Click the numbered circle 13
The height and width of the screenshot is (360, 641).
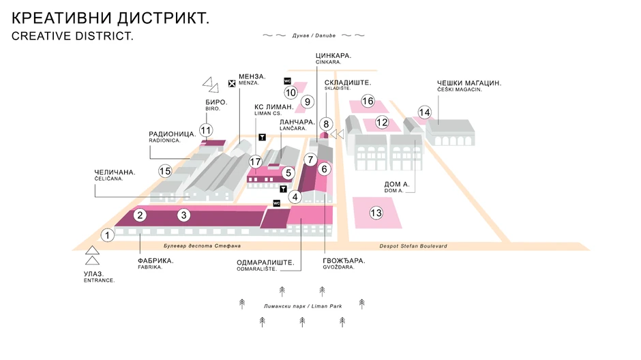pos(376,213)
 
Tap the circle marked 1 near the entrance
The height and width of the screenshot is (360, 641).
pos(107,235)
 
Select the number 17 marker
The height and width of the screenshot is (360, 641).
pos(256,162)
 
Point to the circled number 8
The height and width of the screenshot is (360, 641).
pos(326,124)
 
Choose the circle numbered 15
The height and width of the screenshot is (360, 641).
pos(164,170)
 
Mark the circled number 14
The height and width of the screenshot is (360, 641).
pos(425,112)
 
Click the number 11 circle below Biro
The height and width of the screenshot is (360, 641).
pos(206,130)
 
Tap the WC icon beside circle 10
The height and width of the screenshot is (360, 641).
pos(287,81)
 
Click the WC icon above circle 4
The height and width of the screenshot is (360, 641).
pos(277,203)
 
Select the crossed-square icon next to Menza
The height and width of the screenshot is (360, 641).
pos(232,83)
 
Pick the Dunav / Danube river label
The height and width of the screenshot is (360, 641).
pos(314,35)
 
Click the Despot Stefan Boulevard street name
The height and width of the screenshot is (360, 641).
pos(413,246)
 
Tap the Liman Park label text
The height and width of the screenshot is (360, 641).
pos(302,305)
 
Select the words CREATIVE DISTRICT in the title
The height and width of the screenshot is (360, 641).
pos(72,36)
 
